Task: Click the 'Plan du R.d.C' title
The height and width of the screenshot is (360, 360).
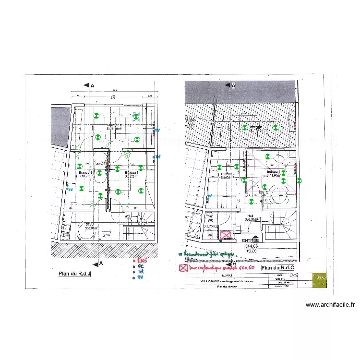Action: [277, 267]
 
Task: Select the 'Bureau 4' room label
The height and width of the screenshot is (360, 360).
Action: [85, 172]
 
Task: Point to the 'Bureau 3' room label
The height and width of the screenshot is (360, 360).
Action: [132, 172]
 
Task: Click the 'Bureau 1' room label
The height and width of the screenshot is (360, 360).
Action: [273, 171]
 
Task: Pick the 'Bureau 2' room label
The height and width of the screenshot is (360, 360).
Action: [227, 174]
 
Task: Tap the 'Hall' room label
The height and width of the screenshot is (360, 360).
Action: [251, 216]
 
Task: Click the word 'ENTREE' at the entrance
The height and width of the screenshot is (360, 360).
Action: [250, 240]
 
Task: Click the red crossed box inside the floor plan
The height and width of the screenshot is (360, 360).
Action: [225, 235]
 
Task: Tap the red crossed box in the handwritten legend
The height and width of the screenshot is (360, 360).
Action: [182, 268]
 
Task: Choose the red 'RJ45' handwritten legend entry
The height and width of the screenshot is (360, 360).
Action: [141, 260]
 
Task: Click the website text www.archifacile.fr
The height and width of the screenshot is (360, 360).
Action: [330, 304]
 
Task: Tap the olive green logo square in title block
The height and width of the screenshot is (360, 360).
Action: [319, 280]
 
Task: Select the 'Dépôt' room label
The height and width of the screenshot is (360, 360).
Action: [89, 224]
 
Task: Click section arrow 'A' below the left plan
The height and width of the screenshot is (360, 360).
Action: [100, 263]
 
